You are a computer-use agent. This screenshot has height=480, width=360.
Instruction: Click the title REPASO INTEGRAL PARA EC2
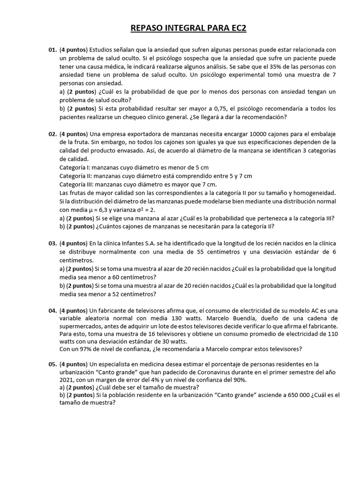point(187,29)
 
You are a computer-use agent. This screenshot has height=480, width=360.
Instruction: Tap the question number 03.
point(52,243)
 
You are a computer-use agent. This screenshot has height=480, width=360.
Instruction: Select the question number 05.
point(52,364)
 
